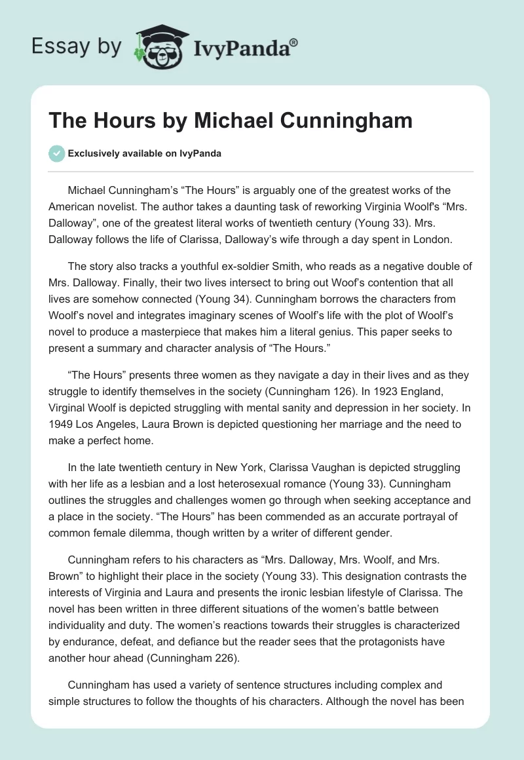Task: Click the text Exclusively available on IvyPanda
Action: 145,153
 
